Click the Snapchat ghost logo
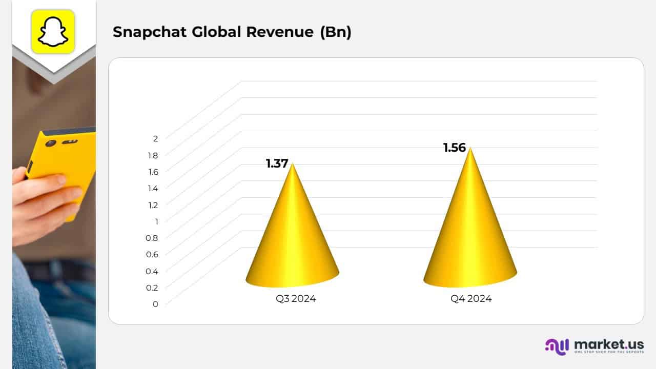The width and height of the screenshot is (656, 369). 53,31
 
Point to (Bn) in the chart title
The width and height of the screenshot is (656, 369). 335,32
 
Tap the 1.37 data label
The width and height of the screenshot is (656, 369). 277,164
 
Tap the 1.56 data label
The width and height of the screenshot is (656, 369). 455,148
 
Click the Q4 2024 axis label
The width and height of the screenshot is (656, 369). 471,299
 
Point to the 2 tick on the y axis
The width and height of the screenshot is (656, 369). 155,138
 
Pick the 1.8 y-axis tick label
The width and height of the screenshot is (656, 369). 153,155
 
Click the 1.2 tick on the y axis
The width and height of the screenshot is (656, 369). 153,204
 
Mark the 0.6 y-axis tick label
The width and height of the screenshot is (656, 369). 152,254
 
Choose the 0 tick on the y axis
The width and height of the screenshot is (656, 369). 155,304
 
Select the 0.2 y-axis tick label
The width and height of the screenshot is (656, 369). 152,288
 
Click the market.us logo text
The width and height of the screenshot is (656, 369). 609,344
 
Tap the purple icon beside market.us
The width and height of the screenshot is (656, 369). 557,346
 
